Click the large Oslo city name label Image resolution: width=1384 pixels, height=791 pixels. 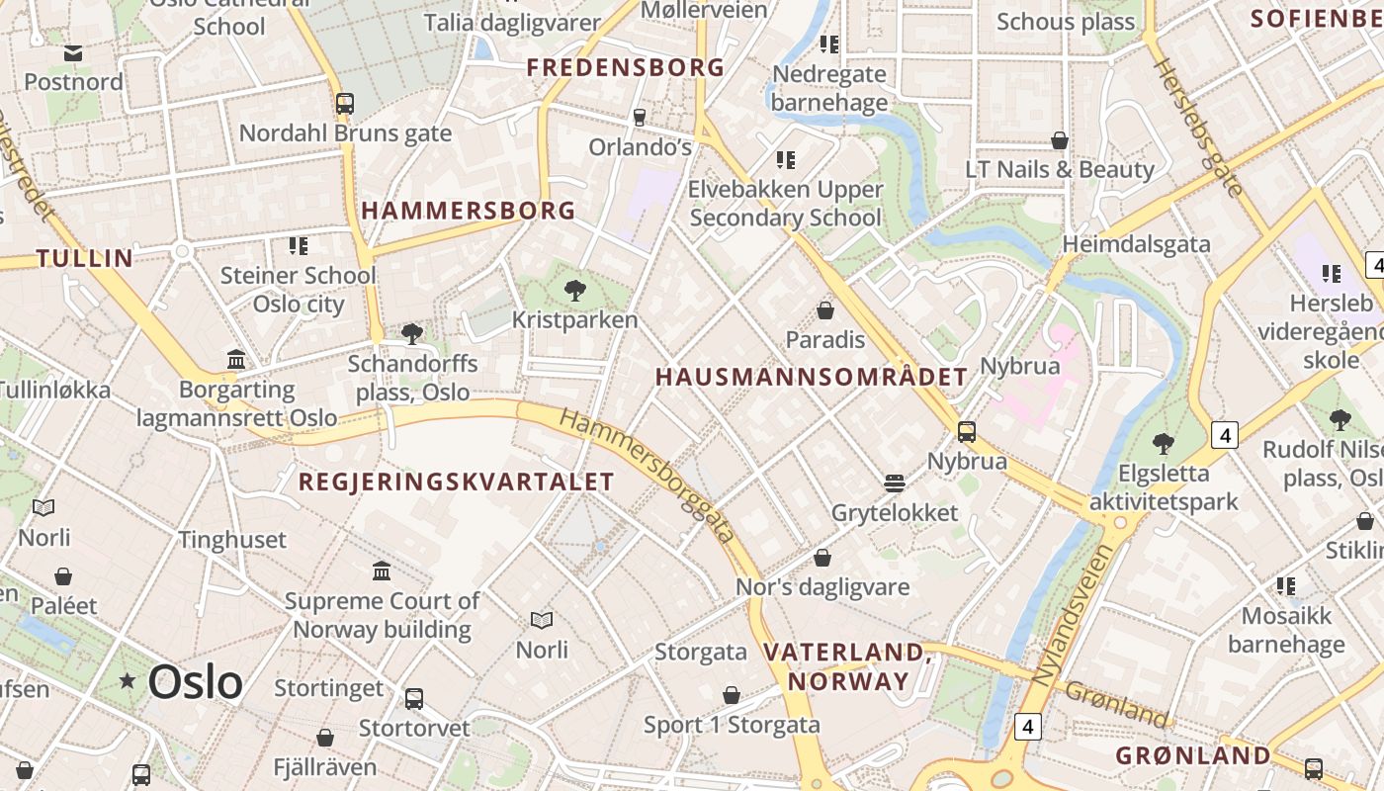pyautogui.click(x=195, y=682)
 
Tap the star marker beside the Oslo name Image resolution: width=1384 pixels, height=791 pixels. pyautogui.click(x=128, y=680)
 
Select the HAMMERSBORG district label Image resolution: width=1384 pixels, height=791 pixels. pyautogui.click(x=469, y=210)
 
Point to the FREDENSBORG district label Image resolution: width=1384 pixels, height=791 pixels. pyautogui.click(x=626, y=67)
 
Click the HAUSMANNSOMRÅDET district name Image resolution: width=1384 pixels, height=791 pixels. pyautogui.click(x=812, y=377)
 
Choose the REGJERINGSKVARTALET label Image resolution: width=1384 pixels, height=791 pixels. pyautogui.click(x=456, y=482)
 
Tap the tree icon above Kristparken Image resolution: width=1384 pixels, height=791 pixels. pyautogui.click(x=574, y=291)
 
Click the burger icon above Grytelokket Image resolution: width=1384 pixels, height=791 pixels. pyautogui.click(x=895, y=483)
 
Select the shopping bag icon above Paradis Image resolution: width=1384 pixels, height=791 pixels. pyautogui.click(x=825, y=311)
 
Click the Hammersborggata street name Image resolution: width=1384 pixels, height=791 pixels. pyautogui.click(x=649, y=476)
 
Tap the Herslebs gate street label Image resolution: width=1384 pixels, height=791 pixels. pyautogui.click(x=1196, y=128)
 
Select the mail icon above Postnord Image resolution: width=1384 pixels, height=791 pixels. pyautogui.click(x=73, y=53)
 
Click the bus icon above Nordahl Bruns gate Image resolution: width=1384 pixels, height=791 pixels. pyautogui.click(x=345, y=104)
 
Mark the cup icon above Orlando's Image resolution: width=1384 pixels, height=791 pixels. pyautogui.click(x=640, y=118)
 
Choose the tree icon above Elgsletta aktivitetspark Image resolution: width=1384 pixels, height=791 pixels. pyautogui.click(x=1164, y=444)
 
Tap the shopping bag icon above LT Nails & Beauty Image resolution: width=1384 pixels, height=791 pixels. pyautogui.click(x=1060, y=140)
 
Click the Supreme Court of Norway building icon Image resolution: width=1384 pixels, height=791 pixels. pyautogui.click(x=382, y=571)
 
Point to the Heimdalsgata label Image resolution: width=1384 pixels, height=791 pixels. pyautogui.click(x=1136, y=243)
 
